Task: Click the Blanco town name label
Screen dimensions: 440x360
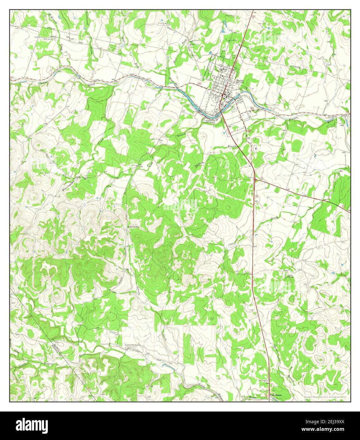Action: (240, 80)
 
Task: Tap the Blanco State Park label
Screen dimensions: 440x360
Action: (209, 121)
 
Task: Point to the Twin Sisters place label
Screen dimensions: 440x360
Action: (275, 395)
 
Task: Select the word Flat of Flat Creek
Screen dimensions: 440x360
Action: (231, 244)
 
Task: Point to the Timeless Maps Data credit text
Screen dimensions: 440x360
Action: (325, 397)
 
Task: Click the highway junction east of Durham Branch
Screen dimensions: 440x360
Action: (255, 179)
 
